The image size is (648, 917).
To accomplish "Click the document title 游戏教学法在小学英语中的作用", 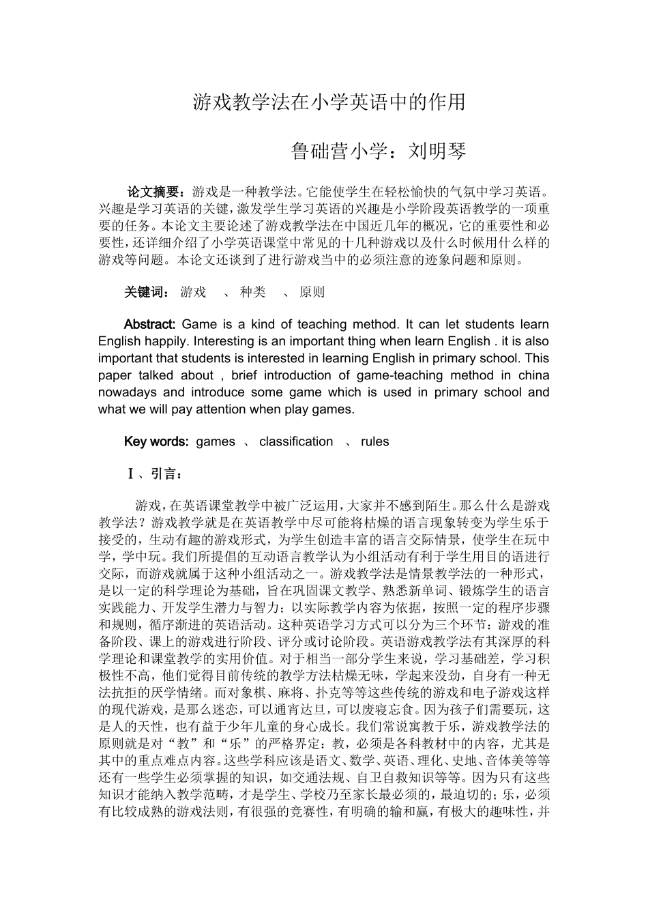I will pyautogui.click(x=329, y=102).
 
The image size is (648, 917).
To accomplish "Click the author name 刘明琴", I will pyautogui.click(x=437, y=151).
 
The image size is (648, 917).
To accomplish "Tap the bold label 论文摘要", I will pyautogui.click(x=155, y=192).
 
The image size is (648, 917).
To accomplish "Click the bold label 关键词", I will pyautogui.click(x=145, y=292).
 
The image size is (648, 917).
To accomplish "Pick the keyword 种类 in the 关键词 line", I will pyautogui.click(x=252, y=292).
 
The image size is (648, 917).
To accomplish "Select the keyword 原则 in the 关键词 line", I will pyautogui.click(x=312, y=292).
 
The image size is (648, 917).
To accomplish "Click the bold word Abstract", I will pyautogui.click(x=150, y=324).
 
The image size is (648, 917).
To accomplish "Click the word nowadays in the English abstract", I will pyautogui.click(x=127, y=392).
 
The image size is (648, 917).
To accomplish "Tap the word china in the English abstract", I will pyautogui.click(x=533, y=375).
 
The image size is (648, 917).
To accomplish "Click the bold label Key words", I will pyautogui.click(x=156, y=441).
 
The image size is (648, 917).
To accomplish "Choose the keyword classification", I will pyautogui.click(x=296, y=441).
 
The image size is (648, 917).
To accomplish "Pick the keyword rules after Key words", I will pyautogui.click(x=374, y=441).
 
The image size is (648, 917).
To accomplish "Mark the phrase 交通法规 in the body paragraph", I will pyautogui.click(x=322, y=777).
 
